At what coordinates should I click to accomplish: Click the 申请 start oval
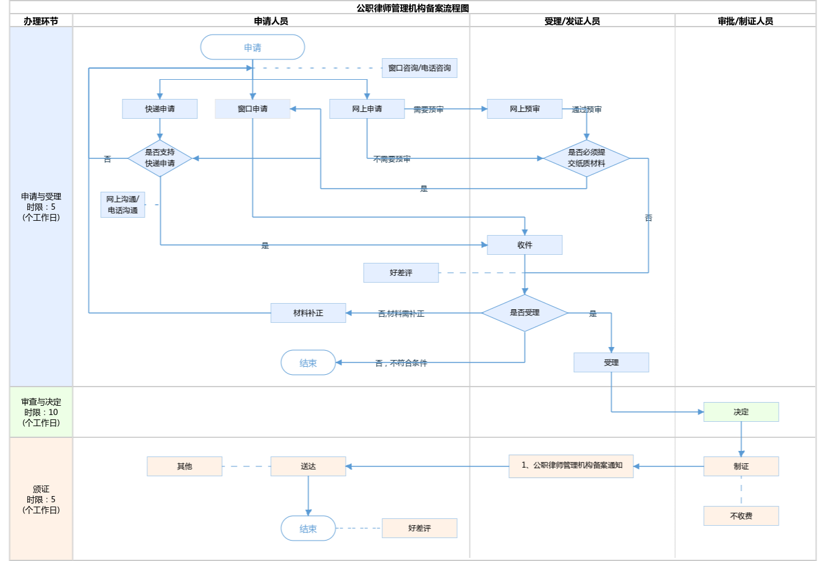pyautogui.click(x=252, y=47)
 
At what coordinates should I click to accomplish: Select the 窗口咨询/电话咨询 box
pyautogui.click(x=419, y=68)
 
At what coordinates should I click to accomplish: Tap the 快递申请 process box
pyautogui.click(x=160, y=109)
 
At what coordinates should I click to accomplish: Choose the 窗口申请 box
pyautogui.click(x=252, y=109)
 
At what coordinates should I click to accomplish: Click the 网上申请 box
pyautogui.click(x=367, y=109)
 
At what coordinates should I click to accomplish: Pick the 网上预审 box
pyautogui.click(x=525, y=109)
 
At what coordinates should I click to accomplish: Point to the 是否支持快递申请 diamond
pyautogui.click(x=160, y=158)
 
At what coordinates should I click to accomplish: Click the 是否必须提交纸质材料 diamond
pyautogui.click(x=586, y=158)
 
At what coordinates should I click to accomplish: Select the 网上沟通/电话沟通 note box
pyautogui.click(x=122, y=205)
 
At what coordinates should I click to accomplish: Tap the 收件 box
pyautogui.click(x=525, y=245)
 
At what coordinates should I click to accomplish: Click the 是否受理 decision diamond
pyautogui.click(x=525, y=313)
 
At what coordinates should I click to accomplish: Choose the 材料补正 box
pyautogui.click(x=308, y=313)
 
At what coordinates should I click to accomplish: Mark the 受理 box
pyautogui.click(x=611, y=362)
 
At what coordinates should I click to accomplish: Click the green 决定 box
pyautogui.click(x=741, y=412)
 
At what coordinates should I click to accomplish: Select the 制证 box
pyautogui.click(x=741, y=466)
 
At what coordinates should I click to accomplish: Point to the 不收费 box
pyautogui.click(x=741, y=516)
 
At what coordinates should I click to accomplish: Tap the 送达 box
pyautogui.click(x=308, y=466)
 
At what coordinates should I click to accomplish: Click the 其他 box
pyautogui.click(x=184, y=466)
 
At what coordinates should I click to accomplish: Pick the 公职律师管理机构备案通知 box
pyautogui.click(x=571, y=466)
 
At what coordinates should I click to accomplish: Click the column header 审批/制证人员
pyautogui.click(x=745, y=21)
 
